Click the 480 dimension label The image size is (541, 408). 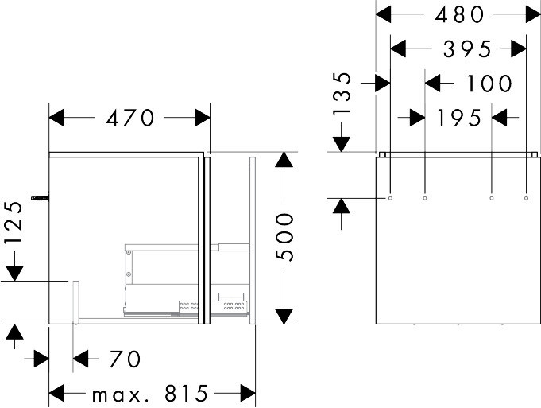[x=459, y=15]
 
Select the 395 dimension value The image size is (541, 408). [x=467, y=49]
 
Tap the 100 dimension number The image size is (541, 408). [x=489, y=84]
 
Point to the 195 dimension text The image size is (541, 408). [x=459, y=118]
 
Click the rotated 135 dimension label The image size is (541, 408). [x=342, y=93]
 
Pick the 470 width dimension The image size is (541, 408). [x=130, y=118]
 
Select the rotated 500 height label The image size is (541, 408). [x=284, y=237]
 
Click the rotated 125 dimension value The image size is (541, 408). [x=14, y=223]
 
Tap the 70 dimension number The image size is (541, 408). [x=125, y=359]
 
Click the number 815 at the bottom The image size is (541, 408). [x=186, y=393]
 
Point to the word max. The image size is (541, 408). [x=121, y=395]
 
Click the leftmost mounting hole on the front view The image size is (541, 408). [x=390, y=198]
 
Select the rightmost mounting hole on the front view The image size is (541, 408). [x=526, y=198]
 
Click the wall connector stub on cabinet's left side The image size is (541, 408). [x=40, y=198]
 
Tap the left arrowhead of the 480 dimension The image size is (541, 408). [x=384, y=14]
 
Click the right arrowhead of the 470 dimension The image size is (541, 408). [x=203, y=118]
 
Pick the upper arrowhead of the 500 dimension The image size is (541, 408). [x=284, y=160]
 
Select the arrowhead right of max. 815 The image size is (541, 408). [x=248, y=393]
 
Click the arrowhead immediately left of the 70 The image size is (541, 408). [x=81, y=359]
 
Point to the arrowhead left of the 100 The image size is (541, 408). [x=433, y=84]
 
